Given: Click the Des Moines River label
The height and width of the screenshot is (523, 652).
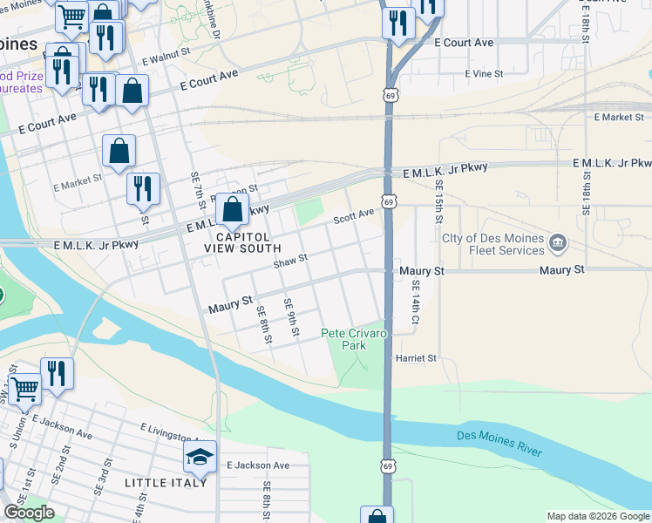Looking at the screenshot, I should pos(499,443).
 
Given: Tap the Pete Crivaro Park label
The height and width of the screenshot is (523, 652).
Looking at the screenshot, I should pos(354,339).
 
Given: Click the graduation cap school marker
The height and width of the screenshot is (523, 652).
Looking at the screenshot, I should pos(200,458).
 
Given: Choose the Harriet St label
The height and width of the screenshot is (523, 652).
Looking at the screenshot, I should pos(416,358).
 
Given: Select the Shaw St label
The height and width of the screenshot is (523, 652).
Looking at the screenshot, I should pos(290,260).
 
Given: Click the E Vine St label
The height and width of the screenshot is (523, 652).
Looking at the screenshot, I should pos(484,74).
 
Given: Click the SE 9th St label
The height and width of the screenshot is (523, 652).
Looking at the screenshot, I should pos(289,318).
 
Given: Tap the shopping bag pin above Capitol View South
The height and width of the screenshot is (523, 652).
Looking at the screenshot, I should pos(232,210).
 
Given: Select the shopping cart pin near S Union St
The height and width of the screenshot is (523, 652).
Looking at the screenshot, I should pos(24,388).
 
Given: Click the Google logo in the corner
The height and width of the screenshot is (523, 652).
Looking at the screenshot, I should pos(29,513).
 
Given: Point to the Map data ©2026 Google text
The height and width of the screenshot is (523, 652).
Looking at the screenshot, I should pos(597,516).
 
